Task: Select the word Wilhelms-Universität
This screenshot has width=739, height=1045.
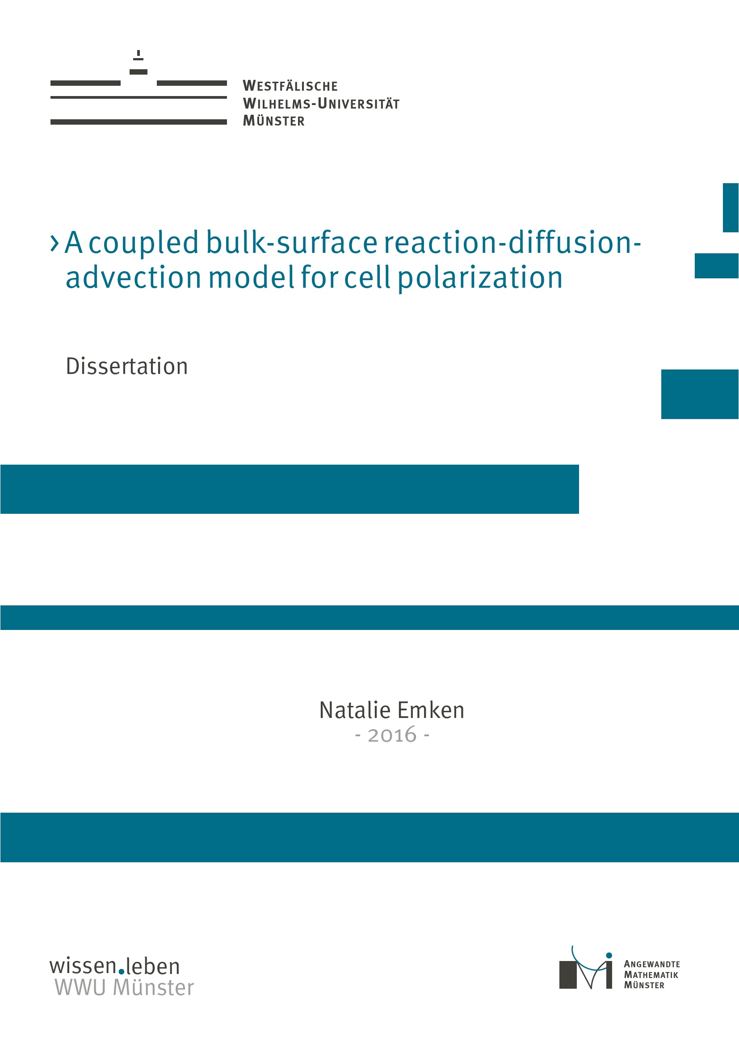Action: pos(321,103)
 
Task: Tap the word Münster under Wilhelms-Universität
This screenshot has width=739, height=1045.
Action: pos(273,121)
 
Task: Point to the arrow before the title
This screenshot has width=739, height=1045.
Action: pos(54,243)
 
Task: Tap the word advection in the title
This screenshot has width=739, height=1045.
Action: pos(133,277)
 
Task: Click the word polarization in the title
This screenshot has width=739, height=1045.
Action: pos(481,277)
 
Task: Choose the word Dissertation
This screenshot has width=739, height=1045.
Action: pos(126,366)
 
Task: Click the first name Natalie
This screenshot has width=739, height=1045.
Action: pos(354,710)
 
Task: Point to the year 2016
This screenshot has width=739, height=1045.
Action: pos(392,735)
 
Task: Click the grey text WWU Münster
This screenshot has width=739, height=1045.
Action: pos(124,987)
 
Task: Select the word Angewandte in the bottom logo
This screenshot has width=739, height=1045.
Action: pos(651,964)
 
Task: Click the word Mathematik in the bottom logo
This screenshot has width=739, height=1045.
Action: pos(651,974)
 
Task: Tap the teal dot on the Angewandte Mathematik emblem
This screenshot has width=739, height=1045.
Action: pos(609,955)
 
